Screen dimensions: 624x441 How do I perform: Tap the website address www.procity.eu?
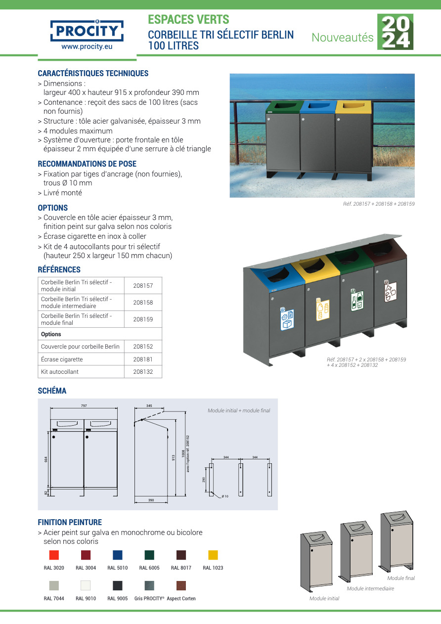pos(87,46)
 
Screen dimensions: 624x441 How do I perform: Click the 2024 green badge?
pos(395,32)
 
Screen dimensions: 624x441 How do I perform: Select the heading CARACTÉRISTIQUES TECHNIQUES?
pos(93,74)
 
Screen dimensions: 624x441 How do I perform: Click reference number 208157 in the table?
pos(143,286)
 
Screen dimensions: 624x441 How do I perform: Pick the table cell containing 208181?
pos(143,359)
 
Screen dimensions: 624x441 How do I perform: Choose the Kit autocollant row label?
pos(60,372)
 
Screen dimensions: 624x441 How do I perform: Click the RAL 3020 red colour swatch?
pos(54,555)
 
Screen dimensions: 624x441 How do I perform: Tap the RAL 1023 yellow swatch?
pos(213,555)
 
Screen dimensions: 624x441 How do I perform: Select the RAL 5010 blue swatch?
pos(118,555)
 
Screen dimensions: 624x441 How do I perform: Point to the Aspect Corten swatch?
pos(181,586)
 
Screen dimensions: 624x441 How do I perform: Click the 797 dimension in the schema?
pos(84,405)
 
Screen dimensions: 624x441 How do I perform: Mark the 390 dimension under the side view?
pos(151,500)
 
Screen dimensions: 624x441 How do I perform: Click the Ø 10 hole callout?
pos(225,496)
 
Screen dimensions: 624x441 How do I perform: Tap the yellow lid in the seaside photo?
pos(353,106)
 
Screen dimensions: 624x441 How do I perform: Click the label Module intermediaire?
pos(370,589)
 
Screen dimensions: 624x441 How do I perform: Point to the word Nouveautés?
pos(343,38)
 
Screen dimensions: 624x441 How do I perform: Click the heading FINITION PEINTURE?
pos(70,522)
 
